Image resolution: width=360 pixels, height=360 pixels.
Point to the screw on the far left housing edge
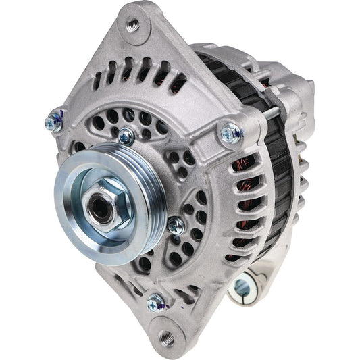[x=53, y=121]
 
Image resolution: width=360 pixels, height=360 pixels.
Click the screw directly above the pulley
[x=126, y=136]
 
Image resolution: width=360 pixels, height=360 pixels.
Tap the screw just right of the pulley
[x=176, y=224]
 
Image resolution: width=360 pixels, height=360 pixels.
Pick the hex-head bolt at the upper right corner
[x=230, y=133]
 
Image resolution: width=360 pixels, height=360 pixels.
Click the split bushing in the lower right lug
[x=241, y=286]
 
